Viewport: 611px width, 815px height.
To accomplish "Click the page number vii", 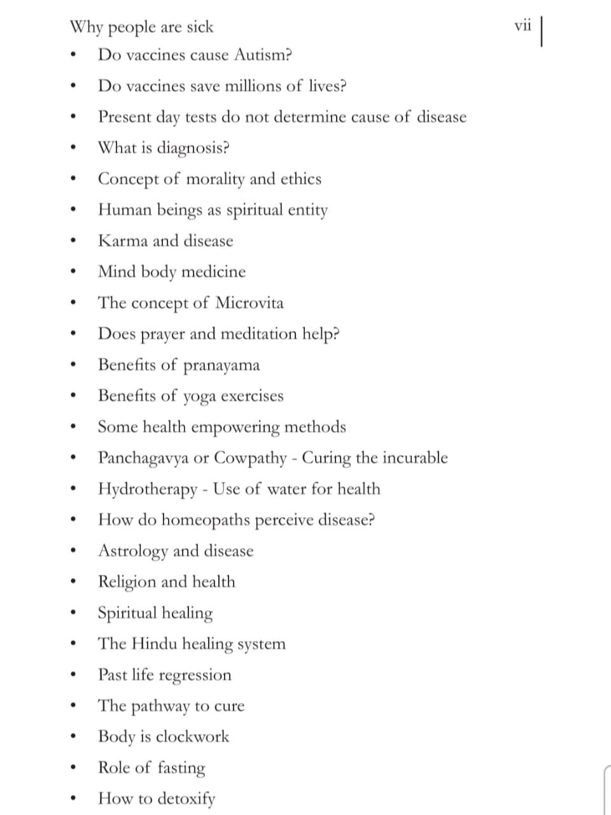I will [523, 26].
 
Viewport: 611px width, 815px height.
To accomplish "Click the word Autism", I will [262, 55].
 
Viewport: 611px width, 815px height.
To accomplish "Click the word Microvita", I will [249, 302].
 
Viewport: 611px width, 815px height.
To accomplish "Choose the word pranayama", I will [221, 365].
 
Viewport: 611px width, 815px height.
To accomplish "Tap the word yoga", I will [199, 397].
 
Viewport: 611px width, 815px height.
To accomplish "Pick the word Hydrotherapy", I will [148, 489].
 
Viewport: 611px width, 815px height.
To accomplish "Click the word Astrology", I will [133, 551].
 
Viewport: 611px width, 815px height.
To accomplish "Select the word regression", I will [195, 676].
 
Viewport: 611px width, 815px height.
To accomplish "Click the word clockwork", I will [192, 737].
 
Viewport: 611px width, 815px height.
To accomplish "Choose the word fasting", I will [181, 768].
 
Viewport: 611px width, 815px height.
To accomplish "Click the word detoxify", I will [186, 798].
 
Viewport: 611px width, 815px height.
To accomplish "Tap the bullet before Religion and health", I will [75, 582].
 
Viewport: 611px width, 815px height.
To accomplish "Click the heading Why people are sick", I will [141, 27].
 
